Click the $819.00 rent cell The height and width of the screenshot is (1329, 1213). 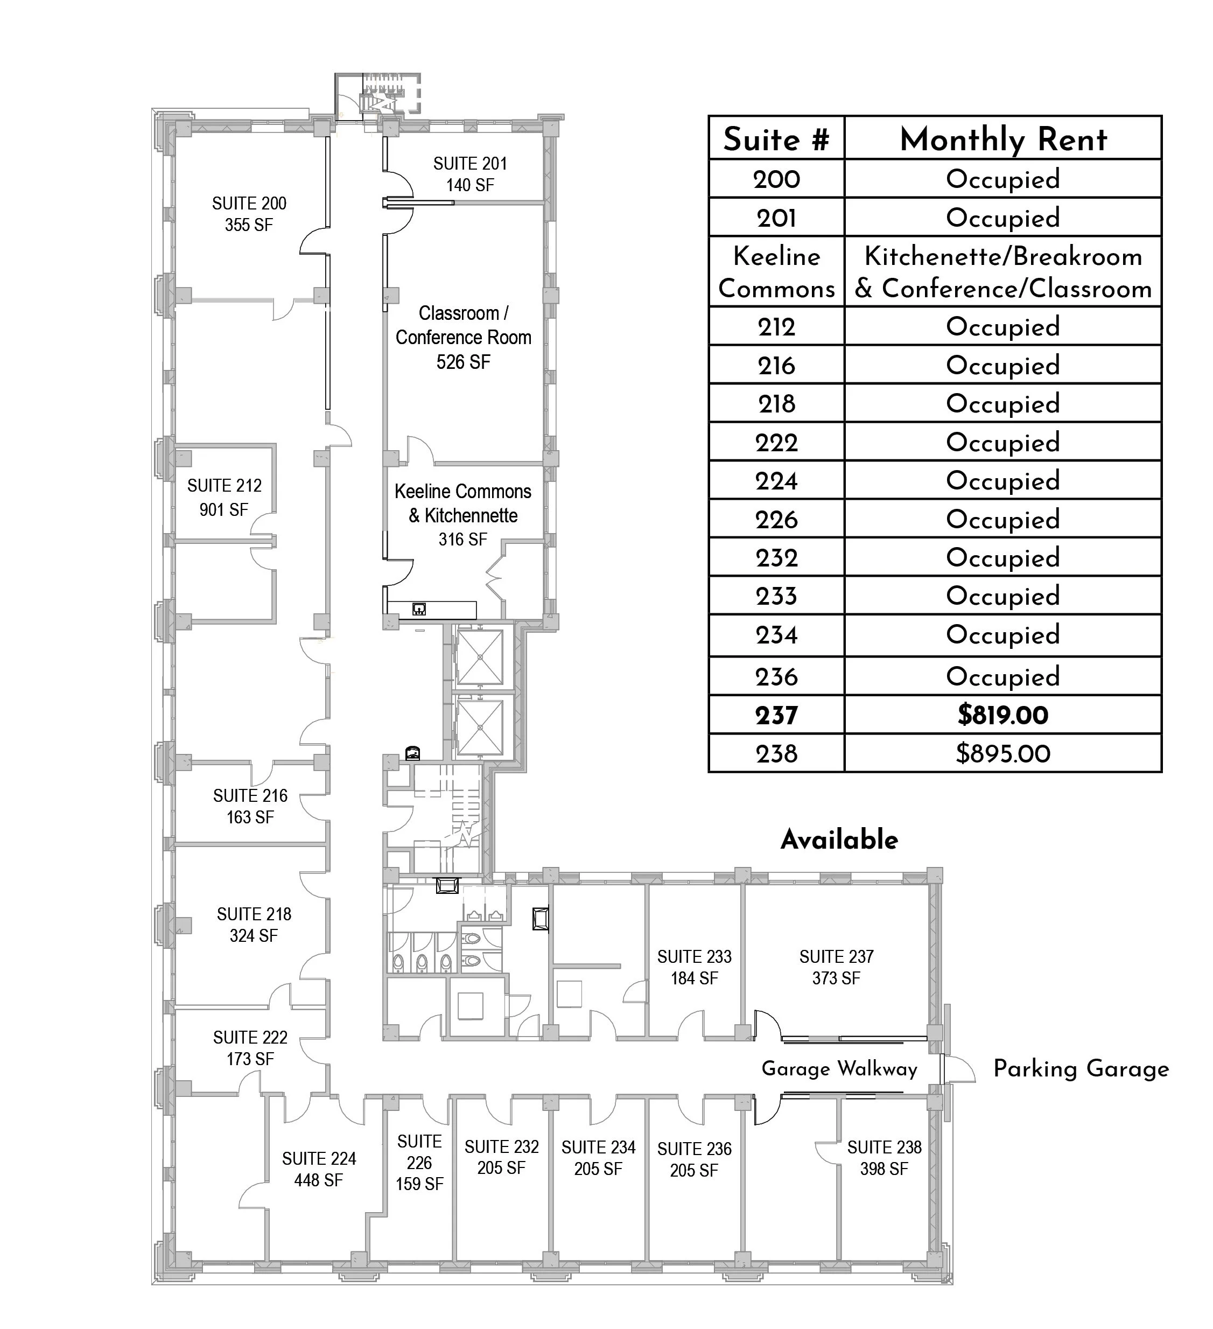[x=1002, y=715]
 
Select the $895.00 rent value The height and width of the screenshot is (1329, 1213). [x=1002, y=753]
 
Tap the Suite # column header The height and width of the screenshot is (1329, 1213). [x=776, y=139]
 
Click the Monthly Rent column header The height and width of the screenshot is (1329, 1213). [x=1002, y=139]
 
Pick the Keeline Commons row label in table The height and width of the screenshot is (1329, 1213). [x=776, y=272]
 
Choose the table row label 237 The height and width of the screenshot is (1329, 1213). [x=776, y=715]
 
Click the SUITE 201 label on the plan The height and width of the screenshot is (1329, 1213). [x=469, y=164]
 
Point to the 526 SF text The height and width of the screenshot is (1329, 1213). [x=463, y=362]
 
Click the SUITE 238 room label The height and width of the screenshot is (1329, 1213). [x=884, y=1148]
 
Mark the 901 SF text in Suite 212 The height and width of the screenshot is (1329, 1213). [x=223, y=509]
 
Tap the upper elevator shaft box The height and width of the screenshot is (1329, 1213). [x=480, y=658]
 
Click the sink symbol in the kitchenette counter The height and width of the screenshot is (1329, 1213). [x=419, y=609]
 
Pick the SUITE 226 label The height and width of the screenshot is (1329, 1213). [x=419, y=1152]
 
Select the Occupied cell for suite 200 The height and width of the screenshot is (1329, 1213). [x=1002, y=179]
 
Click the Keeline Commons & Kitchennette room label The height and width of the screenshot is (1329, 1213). [x=463, y=503]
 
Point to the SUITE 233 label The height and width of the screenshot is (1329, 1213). [x=694, y=956]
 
